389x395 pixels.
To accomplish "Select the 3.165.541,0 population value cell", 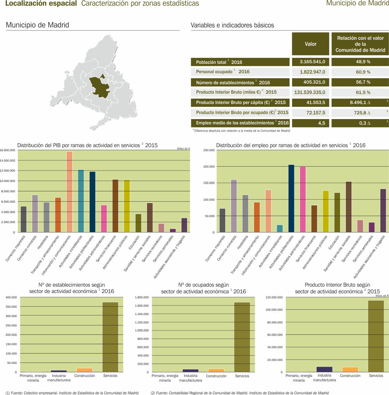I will tap(310, 62).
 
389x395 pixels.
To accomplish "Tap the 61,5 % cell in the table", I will tap(360, 92).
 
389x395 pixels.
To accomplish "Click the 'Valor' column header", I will tap(310, 44).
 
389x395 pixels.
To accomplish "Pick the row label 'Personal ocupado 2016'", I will tap(223, 72).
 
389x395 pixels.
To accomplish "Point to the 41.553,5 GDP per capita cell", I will tap(310, 102).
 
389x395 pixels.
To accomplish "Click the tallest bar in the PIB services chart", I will tap(69, 192).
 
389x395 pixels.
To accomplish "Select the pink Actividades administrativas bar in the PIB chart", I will tap(104, 218).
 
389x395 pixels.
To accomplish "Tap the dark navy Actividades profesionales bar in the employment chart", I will tap(291, 198).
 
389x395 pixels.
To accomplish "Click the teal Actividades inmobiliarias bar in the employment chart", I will tap(280, 228).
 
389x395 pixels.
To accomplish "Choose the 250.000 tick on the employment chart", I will tap(209, 151).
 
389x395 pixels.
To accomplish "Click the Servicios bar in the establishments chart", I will tap(110, 337).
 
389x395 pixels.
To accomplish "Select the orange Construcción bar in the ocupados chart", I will tap(216, 370).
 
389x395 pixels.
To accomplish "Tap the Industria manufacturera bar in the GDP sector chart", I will tap(324, 369).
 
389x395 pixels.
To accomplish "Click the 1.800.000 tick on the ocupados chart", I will tap(142, 297).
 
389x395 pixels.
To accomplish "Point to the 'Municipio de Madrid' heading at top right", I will tap(357, 4).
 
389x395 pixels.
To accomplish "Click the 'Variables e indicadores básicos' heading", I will tap(232, 25).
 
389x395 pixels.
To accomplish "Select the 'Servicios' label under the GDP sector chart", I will tap(376, 376).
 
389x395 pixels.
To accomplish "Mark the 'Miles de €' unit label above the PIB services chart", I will tap(183, 149).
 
